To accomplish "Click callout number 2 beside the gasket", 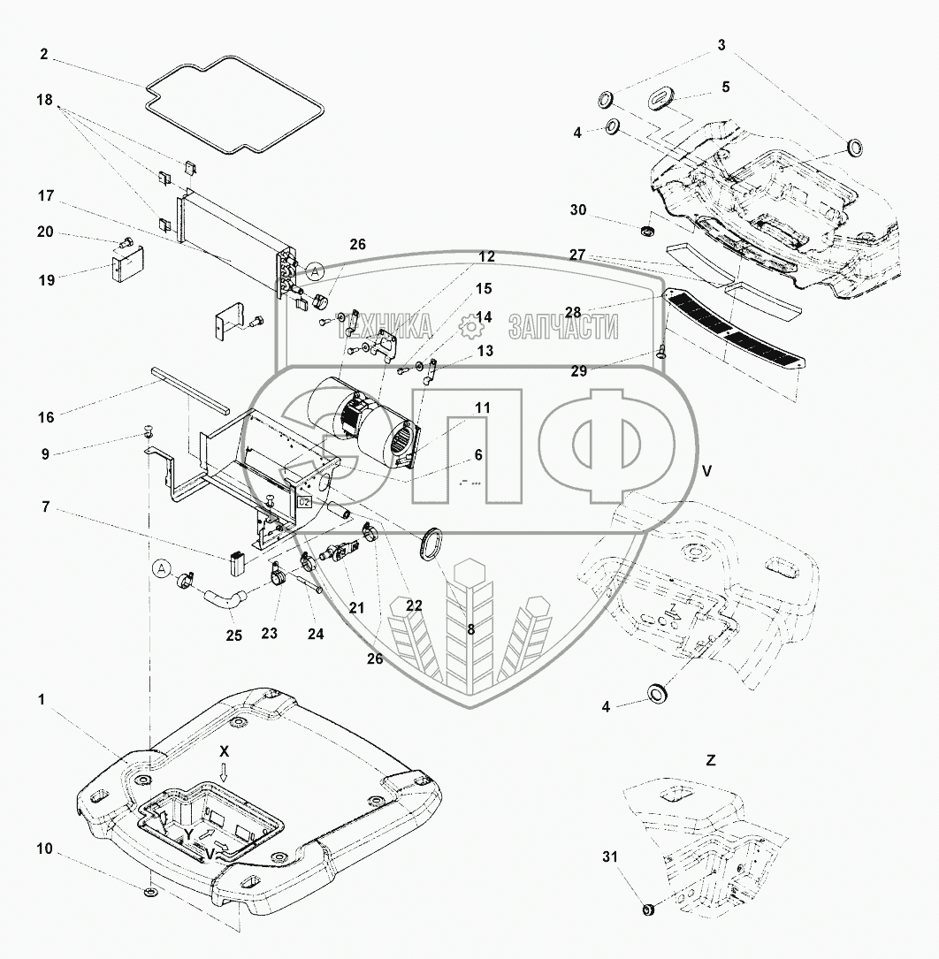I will click(x=43, y=53).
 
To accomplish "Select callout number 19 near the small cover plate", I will click(x=47, y=279).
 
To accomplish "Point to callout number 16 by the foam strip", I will click(x=47, y=416).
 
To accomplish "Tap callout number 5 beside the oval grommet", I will click(x=725, y=87).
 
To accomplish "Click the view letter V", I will click(x=706, y=470).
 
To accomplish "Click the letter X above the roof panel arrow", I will click(x=225, y=749).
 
